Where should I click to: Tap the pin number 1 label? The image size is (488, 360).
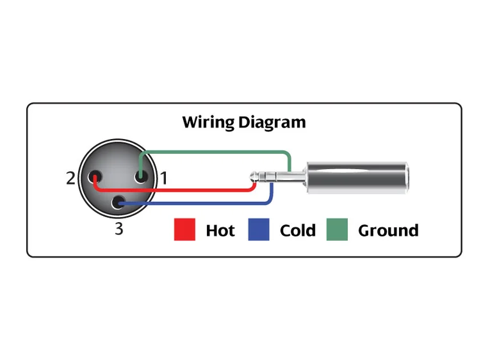tap(164, 178)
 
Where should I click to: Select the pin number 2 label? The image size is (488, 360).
tap(70, 178)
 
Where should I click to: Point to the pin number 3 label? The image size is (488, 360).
tap(118, 228)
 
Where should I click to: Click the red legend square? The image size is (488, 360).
tap(184, 229)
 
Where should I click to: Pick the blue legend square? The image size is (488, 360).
tap(259, 229)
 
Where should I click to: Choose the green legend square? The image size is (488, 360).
tap(337, 229)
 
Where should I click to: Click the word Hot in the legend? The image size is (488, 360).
tap(220, 231)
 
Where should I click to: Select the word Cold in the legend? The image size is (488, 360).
tap(298, 231)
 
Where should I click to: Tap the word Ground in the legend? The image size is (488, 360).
tap(388, 231)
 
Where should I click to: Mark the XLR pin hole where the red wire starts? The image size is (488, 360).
tap(96, 177)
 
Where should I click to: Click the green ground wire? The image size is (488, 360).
tap(215, 152)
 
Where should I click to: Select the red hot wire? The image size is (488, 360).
tap(173, 190)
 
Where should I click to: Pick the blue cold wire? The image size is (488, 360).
tap(192, 204)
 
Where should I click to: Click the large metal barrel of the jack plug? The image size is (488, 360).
tap(355, 179)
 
